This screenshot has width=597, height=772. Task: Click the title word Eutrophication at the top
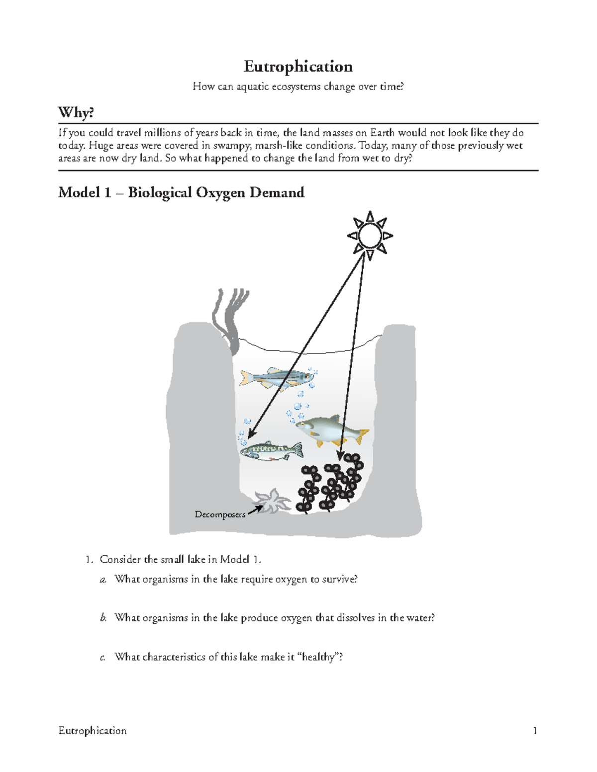coord(298,67)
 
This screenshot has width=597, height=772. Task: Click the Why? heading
coord(76,112)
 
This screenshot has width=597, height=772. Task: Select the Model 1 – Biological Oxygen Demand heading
coord(181,192)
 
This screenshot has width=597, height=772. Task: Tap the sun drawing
coord(370,236)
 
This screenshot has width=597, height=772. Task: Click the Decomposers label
coord(219,515)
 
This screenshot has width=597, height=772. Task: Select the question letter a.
coord(103,579)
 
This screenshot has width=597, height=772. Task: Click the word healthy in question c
coord(319,657)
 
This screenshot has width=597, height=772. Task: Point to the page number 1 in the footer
coord(535,730)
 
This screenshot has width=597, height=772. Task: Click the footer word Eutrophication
coord(93,730)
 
